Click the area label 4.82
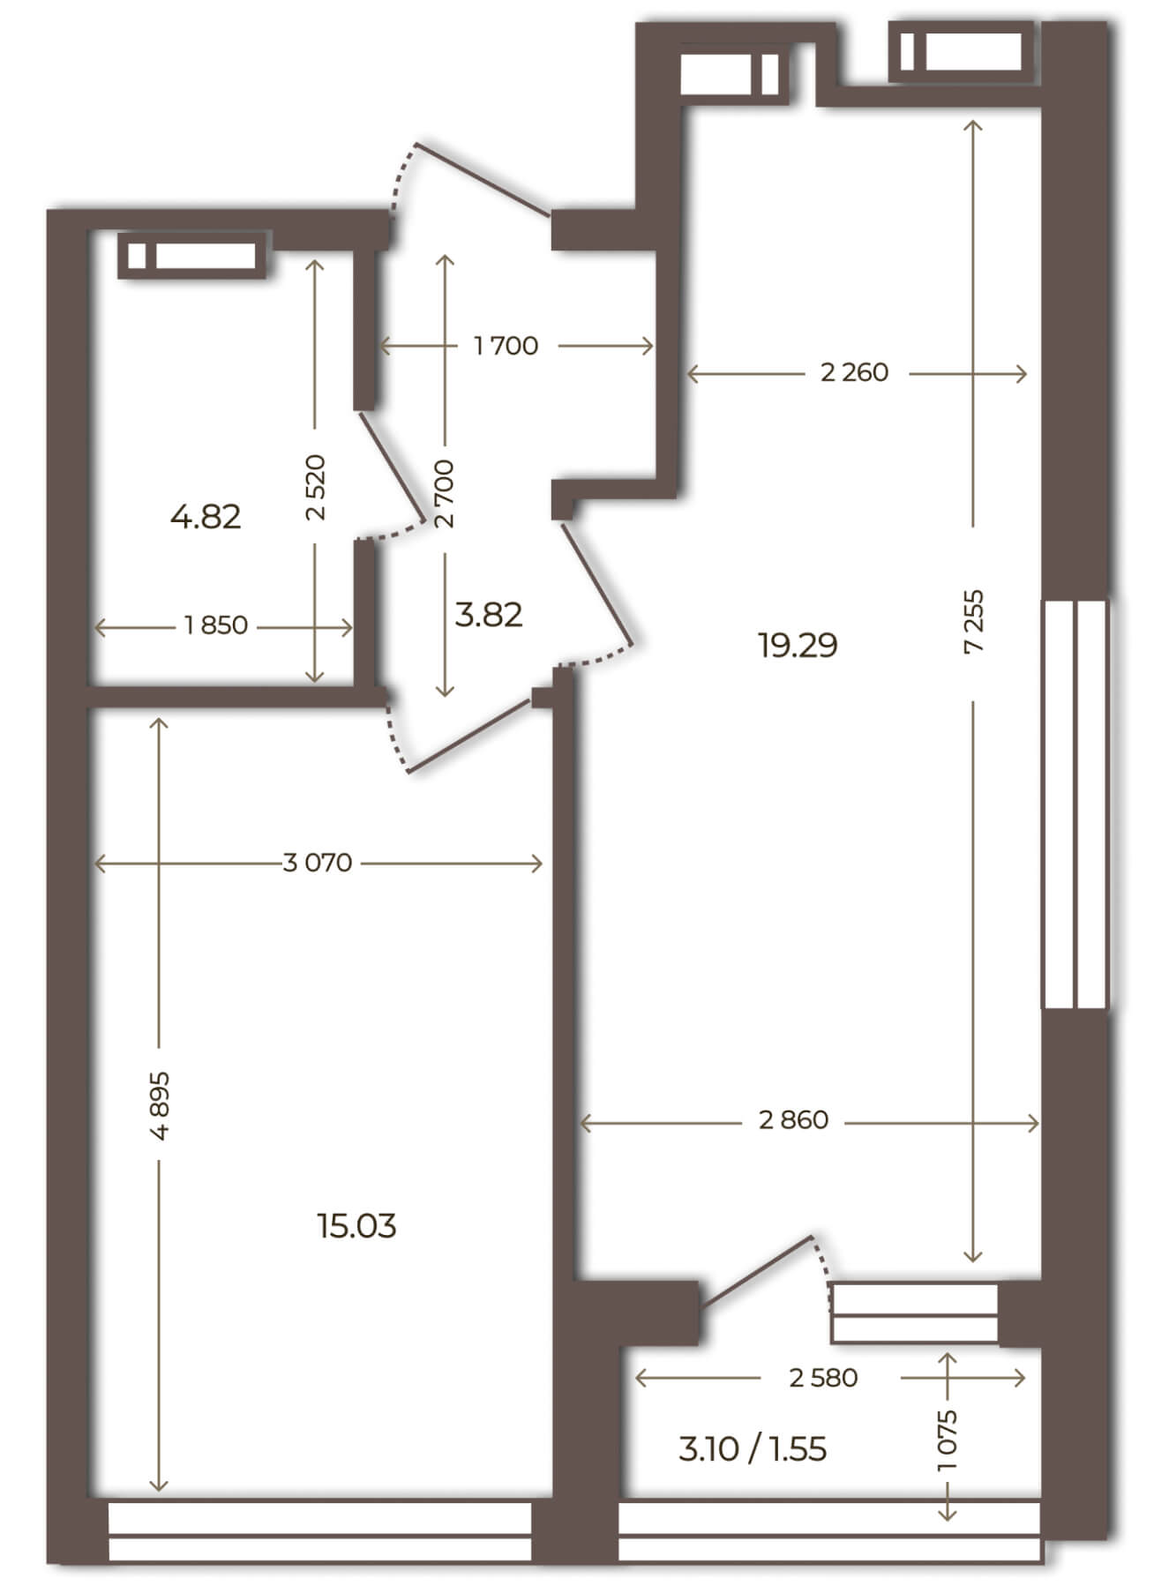pos(206,516)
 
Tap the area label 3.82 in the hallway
pos(489,614)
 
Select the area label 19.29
pos(798,646)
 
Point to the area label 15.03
pos(357,1225)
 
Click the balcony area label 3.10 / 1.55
pos(753,1449)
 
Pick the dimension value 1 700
pos(506,346)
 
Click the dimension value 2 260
pos(854,373)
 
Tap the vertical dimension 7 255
pos(974,621)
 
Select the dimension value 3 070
pos(318,863)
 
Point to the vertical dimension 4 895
pos(160,1106)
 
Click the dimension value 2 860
pos(794,1120)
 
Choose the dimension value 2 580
pos(824,1378)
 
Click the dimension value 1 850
pos(216,626)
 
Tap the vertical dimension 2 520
pos(316,488)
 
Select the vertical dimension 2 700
pos(445,493)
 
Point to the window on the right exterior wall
pos(1075,804)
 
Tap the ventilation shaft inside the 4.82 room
pos(192,256)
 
